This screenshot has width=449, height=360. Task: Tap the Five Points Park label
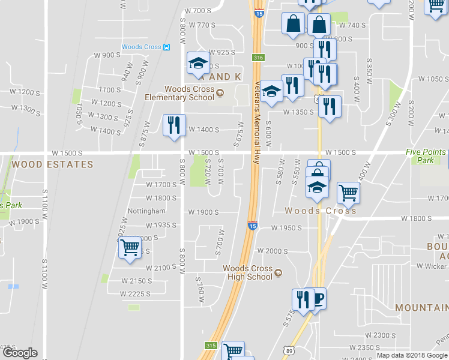pos(426,156)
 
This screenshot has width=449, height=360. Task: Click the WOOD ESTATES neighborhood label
pos(53,164)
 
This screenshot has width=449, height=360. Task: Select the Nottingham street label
pos(146,211)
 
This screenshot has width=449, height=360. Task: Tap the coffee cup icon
pos(318,298)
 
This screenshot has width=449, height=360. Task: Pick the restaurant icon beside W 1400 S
pos(174,125)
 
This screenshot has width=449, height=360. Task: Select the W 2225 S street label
pos(136,294)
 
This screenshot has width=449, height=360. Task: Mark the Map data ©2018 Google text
pos(412,355)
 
